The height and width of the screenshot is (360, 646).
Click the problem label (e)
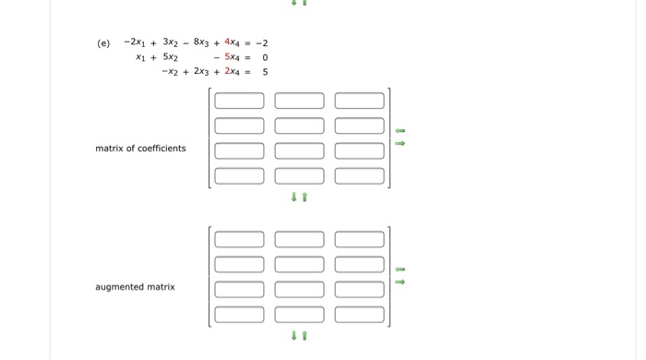[103, 43]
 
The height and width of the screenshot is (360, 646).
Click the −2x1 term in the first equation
[135, 42]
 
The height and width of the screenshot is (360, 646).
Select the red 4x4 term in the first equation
[232, 42]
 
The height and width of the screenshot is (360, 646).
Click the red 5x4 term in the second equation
[232, 57]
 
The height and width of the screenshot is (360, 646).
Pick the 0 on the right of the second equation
[265, 57]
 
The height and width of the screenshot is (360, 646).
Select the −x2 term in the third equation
[169, 71]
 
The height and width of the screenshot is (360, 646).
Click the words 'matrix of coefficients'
[140, 149]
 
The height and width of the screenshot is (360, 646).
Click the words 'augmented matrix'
[135, 287]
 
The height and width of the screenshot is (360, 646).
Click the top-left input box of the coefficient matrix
[239, 101]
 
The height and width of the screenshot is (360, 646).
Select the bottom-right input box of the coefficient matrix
[359, 175]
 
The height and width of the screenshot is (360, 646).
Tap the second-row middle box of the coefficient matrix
[299, 126]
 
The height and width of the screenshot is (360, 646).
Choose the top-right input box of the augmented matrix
[359, 239]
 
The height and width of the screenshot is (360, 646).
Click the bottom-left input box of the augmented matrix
[239, 314]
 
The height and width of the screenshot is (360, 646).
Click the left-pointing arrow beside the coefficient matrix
[400, 131]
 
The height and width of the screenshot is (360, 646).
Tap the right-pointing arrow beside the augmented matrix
[400, 282]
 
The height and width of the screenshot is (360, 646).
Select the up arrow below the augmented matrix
[305, 335]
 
